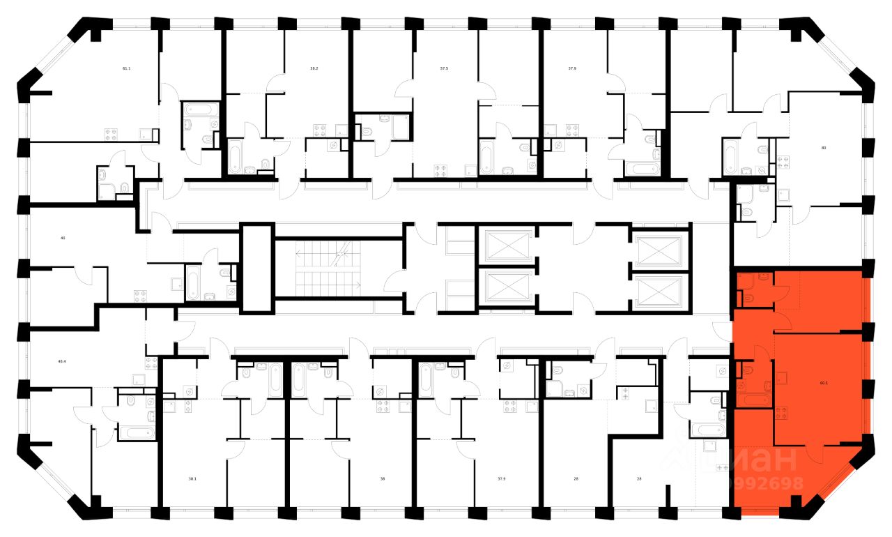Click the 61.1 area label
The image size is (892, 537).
tap(126, 68)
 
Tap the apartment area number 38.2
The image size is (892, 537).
tap(314, 68)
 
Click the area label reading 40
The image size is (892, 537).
tap(63, 238)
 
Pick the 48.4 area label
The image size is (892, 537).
tap(62, 361)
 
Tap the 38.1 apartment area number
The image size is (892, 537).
tap(192, 478)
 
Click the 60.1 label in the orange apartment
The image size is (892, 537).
tap(824, 382)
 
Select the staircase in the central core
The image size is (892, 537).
tap(328, 268)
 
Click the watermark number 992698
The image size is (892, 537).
tap(766, 483)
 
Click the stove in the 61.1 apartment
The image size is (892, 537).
tap(111, 135)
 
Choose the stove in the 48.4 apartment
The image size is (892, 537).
tap(151, 363)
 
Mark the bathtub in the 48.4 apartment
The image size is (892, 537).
tap(137, 432)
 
